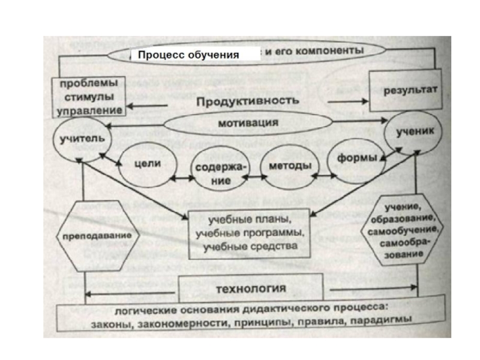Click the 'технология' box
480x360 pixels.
tap(250, 289)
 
